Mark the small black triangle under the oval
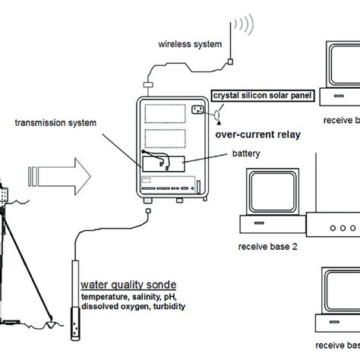pos(219,125)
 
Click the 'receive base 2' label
pos(267,247)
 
